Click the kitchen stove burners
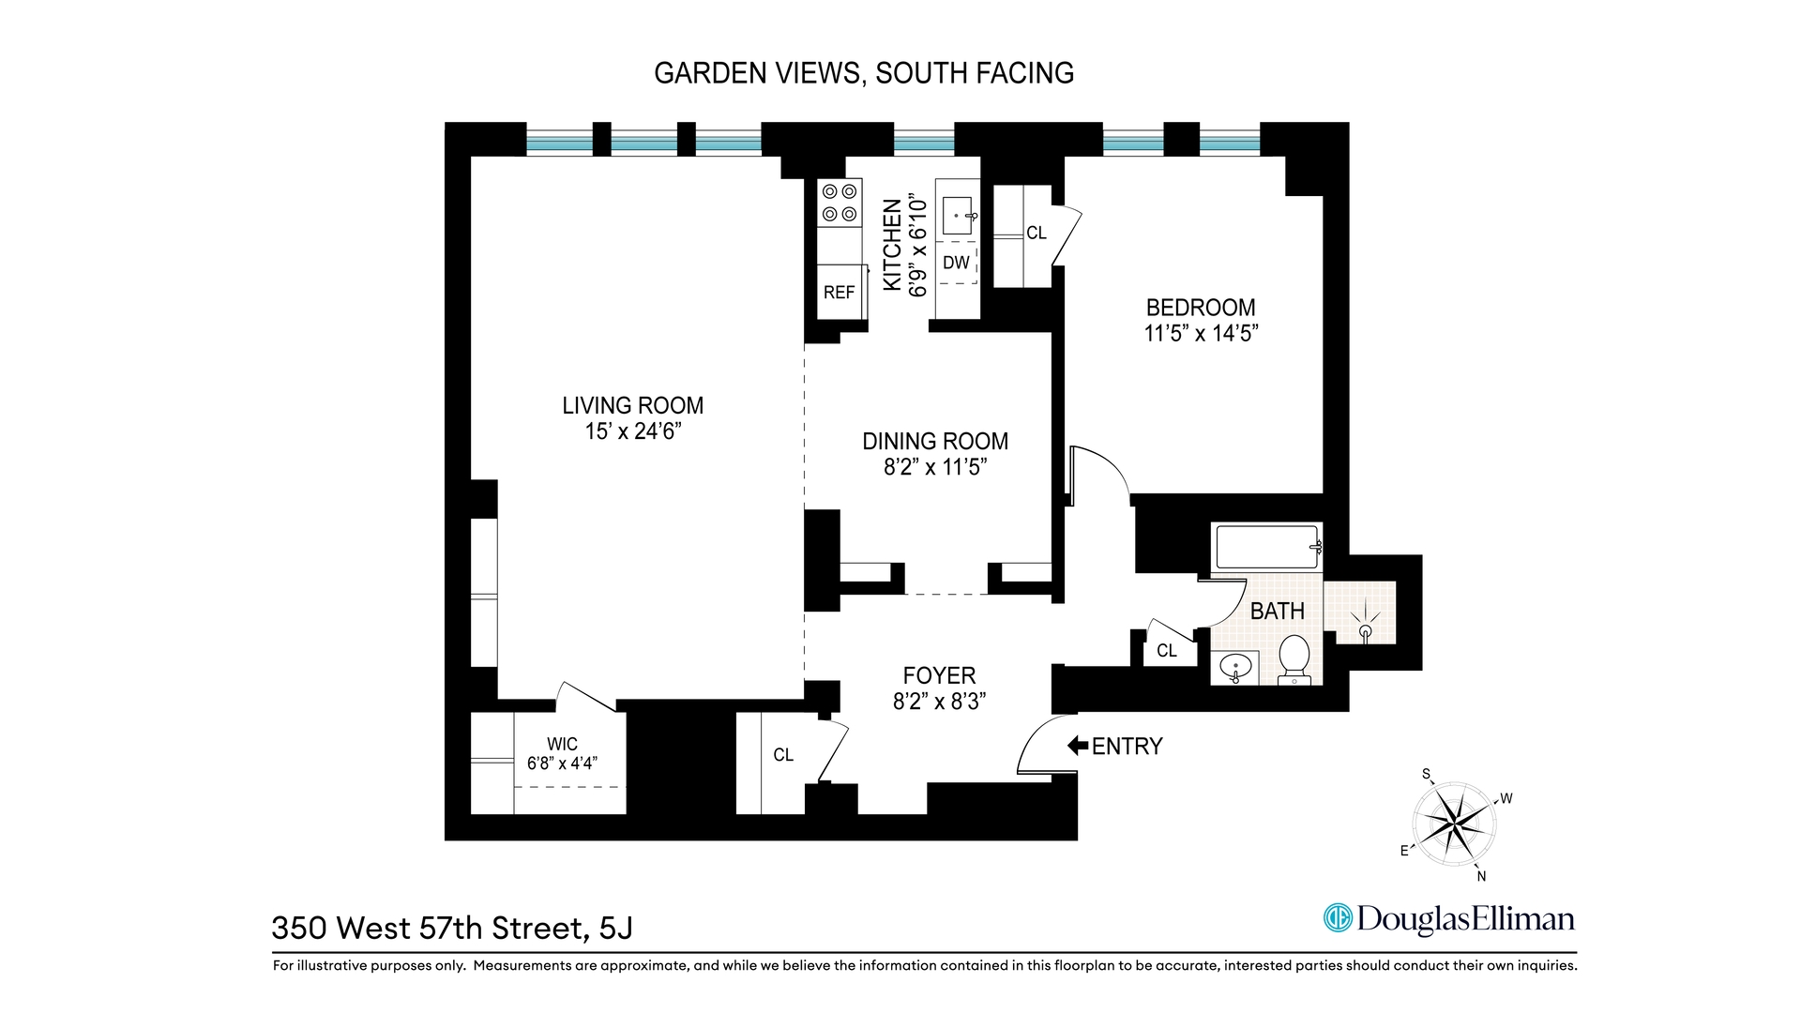coord(840,203)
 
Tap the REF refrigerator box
coord(839,293)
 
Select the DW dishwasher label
coord(956,263)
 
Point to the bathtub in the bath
coord(1266,547)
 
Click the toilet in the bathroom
coord(1294,656)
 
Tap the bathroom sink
coord(1235,669)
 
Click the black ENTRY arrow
coord(1077,746)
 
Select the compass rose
coord(1454,824)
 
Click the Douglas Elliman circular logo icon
coord(1337,917)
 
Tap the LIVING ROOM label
coord(632,405)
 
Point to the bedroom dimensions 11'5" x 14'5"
coord(1201,333)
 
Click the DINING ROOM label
coord(935,441)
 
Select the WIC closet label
coord(562,745)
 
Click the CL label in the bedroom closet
coord(1037,233)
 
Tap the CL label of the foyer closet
coord(783,754)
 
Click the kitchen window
coord(923,144)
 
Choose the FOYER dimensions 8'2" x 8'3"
coord(939,701)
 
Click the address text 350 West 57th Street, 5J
coord(452,928)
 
